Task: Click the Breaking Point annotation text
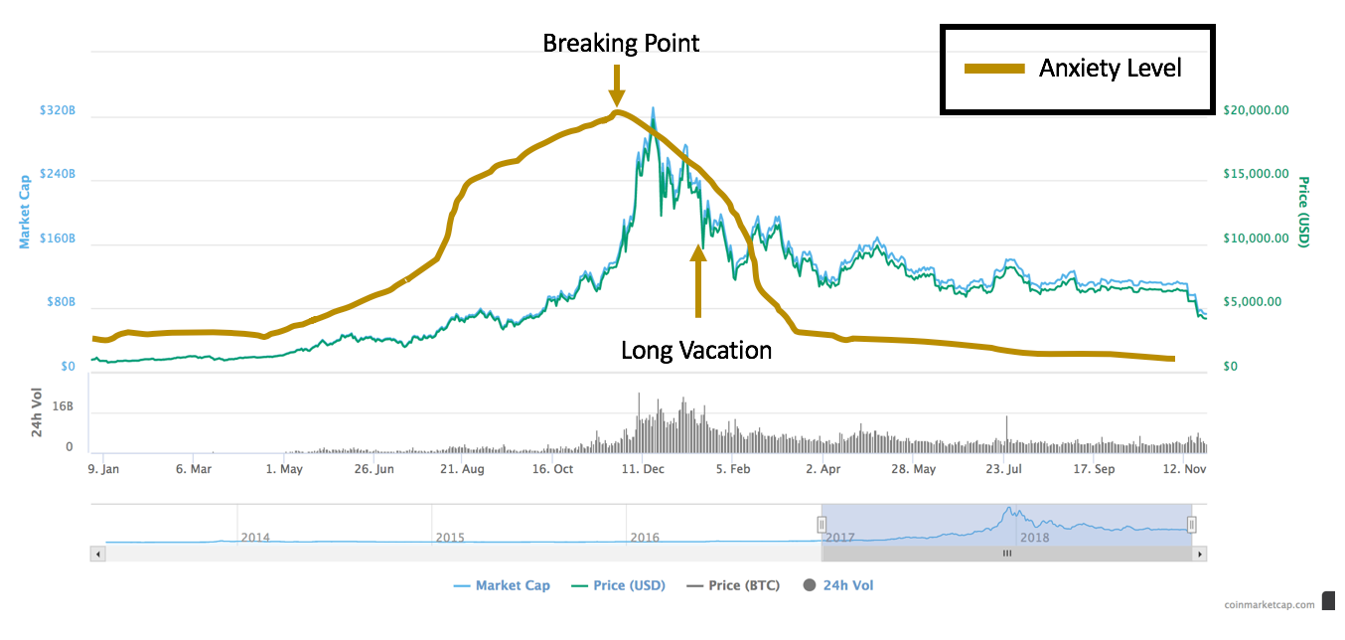coord(621,43)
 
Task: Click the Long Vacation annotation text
coord(695,350)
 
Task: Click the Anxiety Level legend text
coord(1110,69)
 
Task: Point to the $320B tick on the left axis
coord(57,110)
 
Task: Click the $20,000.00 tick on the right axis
coord(1256,110)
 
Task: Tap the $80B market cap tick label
coord(61,302)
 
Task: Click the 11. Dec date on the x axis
coord(644,469)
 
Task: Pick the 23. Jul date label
coord(1002,469)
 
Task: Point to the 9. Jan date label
coord(103,469)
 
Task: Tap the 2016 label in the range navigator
coord(645,537)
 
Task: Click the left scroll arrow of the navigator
coord(96,554)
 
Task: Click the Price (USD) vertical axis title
coord(1303,212)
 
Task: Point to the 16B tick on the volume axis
coord(62,406)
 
